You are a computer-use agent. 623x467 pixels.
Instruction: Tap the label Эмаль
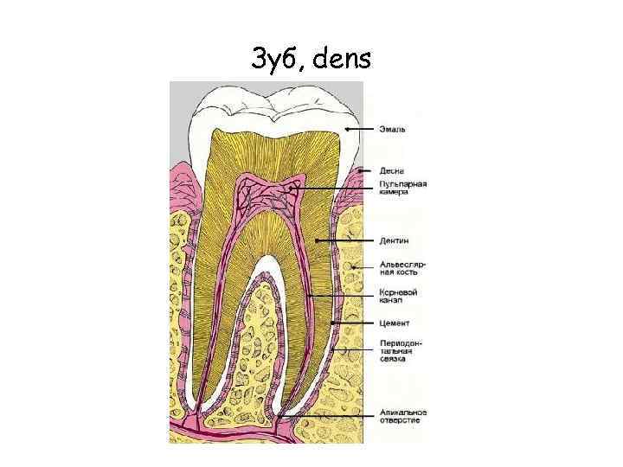tap(393, 130)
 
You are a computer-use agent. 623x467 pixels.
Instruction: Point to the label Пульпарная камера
tap(402, 188)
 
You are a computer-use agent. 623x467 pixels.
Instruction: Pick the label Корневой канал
tap(399, 297)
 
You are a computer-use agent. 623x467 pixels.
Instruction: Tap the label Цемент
tap(394, 323)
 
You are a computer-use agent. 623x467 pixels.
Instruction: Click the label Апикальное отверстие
tap(402, 416)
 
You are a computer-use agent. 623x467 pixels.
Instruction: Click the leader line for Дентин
tap(346, 240)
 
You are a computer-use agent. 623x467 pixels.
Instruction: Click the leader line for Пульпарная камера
tap(337, 188)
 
